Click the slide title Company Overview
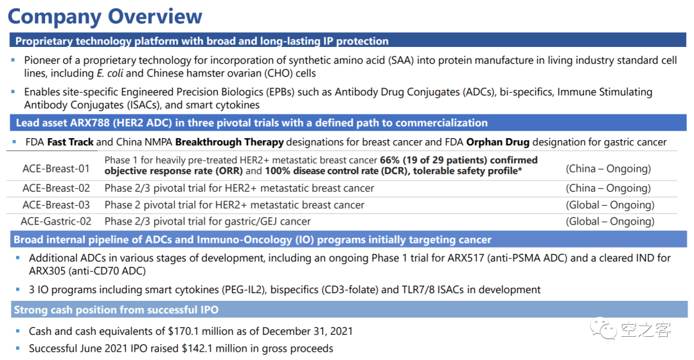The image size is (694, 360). coord(105,17)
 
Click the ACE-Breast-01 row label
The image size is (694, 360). coord(56,168)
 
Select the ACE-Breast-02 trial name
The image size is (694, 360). coord(56,188)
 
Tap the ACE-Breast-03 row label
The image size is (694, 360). coord(56,205)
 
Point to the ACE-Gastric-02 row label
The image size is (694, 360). coord(56,221)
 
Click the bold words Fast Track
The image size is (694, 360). coord(71,142)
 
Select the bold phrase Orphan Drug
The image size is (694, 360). coord(498,142)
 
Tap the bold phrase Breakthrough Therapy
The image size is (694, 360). coord(229,142)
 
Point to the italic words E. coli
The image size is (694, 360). coord(110,73)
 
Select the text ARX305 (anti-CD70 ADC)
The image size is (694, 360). coord(87,271)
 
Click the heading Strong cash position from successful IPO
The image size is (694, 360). coord(116,310)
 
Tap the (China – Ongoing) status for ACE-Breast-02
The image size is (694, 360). coord(608,188)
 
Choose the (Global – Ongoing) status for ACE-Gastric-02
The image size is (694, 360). coord(610,221)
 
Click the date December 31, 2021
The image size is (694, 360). coord(307,331)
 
